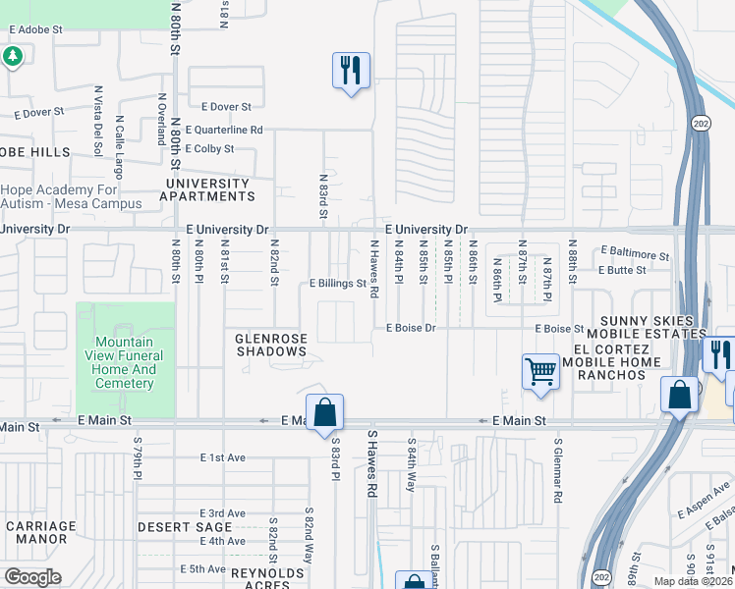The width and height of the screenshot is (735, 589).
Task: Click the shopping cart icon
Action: coord(540,373)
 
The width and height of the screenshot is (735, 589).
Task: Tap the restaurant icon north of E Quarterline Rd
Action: coord(351,71)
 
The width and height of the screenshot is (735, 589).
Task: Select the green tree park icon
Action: coord(12,57)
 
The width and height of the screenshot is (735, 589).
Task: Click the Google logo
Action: coord(32,577)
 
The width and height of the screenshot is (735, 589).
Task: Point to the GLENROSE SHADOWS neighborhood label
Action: coord(271,345)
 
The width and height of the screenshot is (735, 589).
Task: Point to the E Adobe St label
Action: coord(35,30)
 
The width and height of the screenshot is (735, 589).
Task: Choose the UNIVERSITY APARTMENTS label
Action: coord(208,189)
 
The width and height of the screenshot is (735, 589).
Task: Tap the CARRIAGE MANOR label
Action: coord(40,532)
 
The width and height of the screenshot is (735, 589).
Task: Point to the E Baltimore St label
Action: coord(635,252)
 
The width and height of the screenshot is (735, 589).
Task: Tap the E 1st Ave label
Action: coord(222,457)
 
